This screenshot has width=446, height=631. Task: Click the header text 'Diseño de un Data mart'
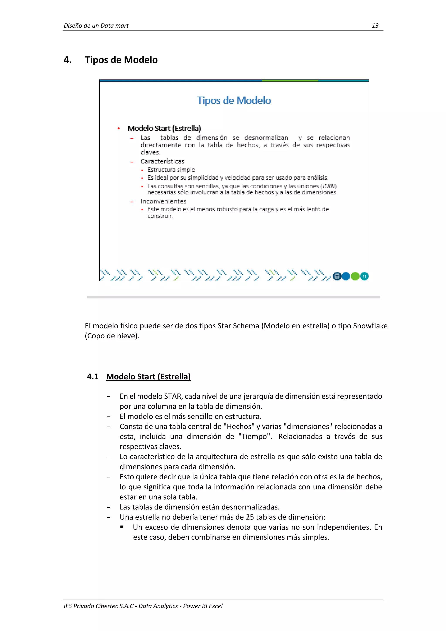tap(96, 25)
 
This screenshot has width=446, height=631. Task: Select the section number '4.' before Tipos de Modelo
tap(68, 60)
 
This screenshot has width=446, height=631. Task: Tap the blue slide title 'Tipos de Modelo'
tap(234, 100)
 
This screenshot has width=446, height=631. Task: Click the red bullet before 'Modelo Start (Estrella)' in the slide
tap(119, 128)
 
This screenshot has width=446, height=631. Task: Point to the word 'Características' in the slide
tap(162, 161)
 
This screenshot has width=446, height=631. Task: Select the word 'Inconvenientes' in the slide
tap(163, 201)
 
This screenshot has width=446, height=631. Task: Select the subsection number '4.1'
tap(93, 377)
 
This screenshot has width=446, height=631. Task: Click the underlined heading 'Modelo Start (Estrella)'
tap(148, 377)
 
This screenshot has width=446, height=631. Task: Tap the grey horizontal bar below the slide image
tap(233, 297)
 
